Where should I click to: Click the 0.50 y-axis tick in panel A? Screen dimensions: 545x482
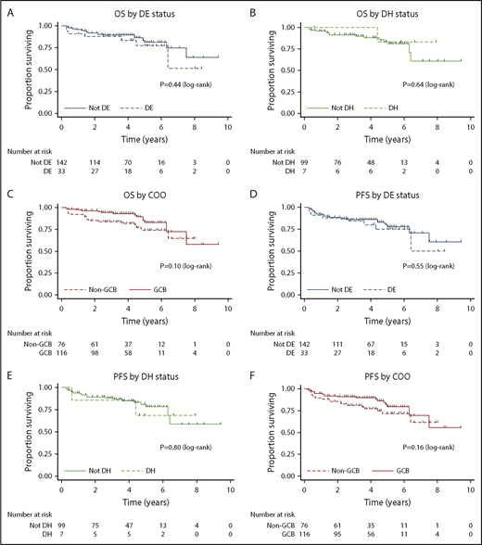tap(46, 66)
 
